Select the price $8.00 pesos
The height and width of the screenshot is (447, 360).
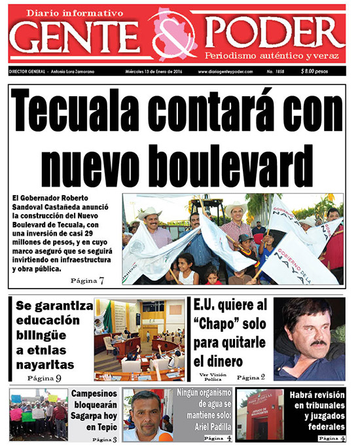click(x=317, y=71)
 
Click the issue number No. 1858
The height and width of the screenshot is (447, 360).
click(x=275, y=71)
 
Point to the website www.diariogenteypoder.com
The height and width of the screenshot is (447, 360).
click(x=225, y=71)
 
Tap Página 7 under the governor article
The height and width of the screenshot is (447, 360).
click(x=88, y=280)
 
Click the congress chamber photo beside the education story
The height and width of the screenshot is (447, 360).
click(x=139, y=339)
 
